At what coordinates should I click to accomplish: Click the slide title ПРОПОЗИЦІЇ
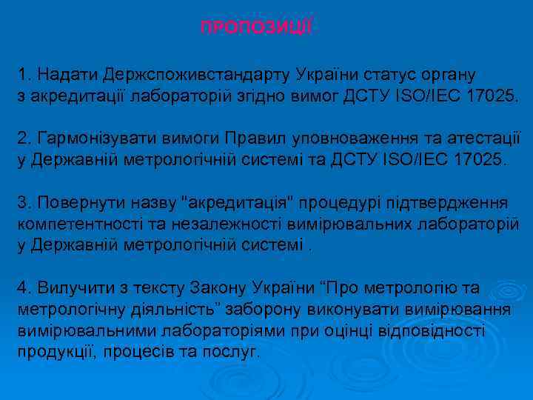coord(257,27)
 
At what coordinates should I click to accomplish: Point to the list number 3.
coord(23,202)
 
